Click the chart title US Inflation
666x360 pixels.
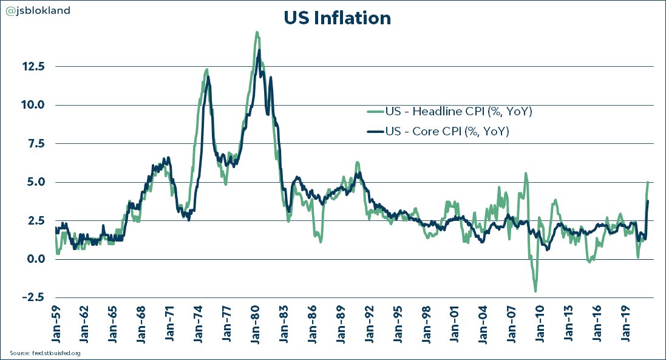point(337,18)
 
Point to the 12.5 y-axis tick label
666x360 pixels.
point(33,66)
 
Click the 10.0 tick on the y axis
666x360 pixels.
point(33,105)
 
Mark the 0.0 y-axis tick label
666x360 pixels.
point(36,259)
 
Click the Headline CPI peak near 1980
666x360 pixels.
point(257,32)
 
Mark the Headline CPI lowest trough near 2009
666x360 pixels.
point(535,291)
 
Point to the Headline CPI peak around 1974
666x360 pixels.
point(206,70)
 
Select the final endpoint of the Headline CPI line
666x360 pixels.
point(648,182)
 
